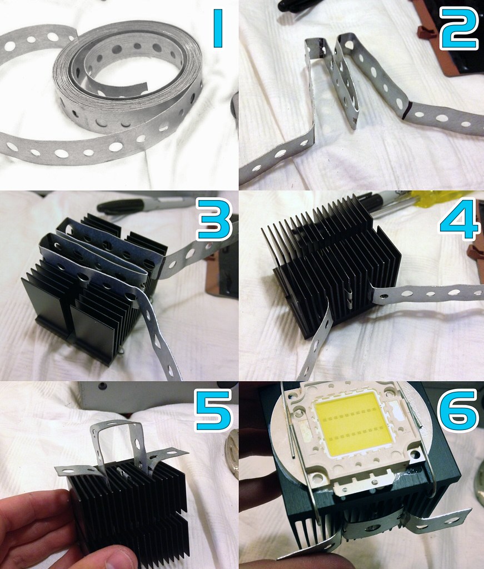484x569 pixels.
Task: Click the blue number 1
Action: click(218, 28)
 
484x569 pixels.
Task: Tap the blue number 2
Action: click(458, 28)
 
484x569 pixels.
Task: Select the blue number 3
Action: click(213, 219)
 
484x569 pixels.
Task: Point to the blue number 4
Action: click(459, 219)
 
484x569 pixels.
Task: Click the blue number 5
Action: click(213, 410)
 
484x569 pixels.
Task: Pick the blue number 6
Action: click(459, 410)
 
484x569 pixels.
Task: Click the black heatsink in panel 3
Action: click(95, 290)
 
